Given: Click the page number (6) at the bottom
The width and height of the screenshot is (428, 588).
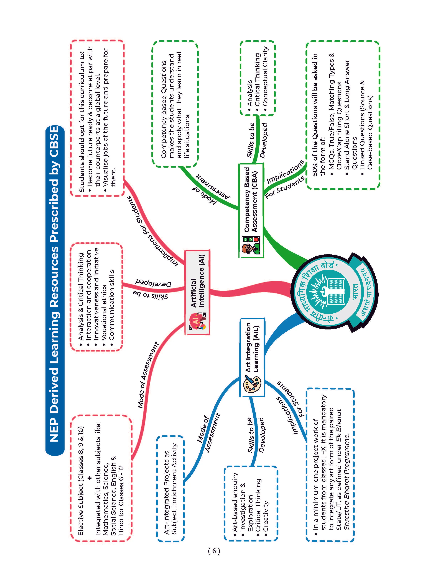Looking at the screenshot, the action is coord(214,551).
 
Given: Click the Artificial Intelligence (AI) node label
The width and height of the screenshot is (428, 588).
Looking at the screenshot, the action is coord(198,282).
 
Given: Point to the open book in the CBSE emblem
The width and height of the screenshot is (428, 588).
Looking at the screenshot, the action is coord(337,292).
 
